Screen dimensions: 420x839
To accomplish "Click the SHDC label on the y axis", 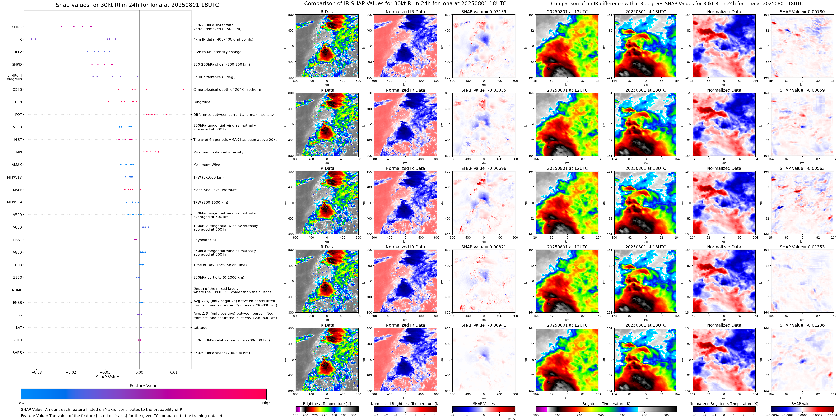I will [17, 27].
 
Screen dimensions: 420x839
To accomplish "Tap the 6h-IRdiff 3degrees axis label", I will [14, 77].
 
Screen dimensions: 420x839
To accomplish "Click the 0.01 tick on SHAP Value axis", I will [174, 372].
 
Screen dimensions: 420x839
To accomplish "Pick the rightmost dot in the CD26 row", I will [183, 89].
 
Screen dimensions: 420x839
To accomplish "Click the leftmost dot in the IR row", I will [32, 39].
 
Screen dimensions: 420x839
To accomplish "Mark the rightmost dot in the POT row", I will [167, 114].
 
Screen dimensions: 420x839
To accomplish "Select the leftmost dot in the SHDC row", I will [62, 26].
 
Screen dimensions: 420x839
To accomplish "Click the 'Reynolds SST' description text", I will [205, 240].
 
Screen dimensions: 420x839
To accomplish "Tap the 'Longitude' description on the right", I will [202, 102].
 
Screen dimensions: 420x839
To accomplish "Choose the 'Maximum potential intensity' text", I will [218, 152].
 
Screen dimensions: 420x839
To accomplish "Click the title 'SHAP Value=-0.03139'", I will [484, 12].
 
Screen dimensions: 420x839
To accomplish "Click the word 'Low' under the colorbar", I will [21, 403].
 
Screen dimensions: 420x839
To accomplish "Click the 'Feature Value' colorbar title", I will [143, 386].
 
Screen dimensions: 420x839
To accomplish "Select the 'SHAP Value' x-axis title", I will [107, 377].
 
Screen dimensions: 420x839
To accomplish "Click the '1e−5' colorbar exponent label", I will [511, 419].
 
